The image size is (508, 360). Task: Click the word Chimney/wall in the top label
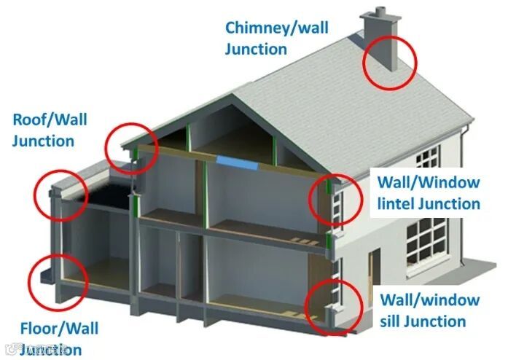276,28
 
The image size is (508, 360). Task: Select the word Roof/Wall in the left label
50,120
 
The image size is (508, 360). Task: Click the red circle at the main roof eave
132,148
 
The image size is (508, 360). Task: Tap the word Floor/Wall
59,328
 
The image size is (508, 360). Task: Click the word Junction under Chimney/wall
256,49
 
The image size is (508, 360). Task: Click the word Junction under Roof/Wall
43,141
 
